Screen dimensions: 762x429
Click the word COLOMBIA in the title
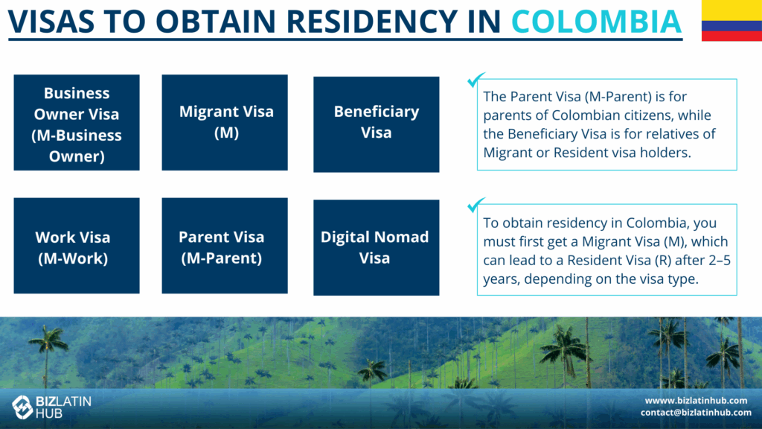pos(596,21)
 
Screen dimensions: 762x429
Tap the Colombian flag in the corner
pos(732,20)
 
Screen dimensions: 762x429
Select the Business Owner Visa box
pos(77,123)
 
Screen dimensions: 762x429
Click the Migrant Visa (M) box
pos(225,123)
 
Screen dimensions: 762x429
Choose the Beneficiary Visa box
pos(376,124)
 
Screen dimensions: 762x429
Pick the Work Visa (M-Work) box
pos(77,246)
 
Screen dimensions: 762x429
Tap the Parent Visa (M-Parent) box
pos(225,246)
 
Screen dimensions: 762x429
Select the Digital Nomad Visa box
pos(376,247)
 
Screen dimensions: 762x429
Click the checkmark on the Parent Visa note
pos(476,80)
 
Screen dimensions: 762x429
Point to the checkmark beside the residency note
pos(476,205)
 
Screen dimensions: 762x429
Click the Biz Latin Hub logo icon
pos(22,407)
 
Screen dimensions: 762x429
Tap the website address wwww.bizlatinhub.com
pos(696,400)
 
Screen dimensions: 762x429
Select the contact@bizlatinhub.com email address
pos(696,413)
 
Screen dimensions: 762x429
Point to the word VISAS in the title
pos(51,21)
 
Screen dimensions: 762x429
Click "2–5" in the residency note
pos(720,260)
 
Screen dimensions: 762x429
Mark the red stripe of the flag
pos(732,36)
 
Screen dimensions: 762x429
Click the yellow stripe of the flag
pos(732,10)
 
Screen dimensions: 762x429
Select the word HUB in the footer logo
pos(49,414)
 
